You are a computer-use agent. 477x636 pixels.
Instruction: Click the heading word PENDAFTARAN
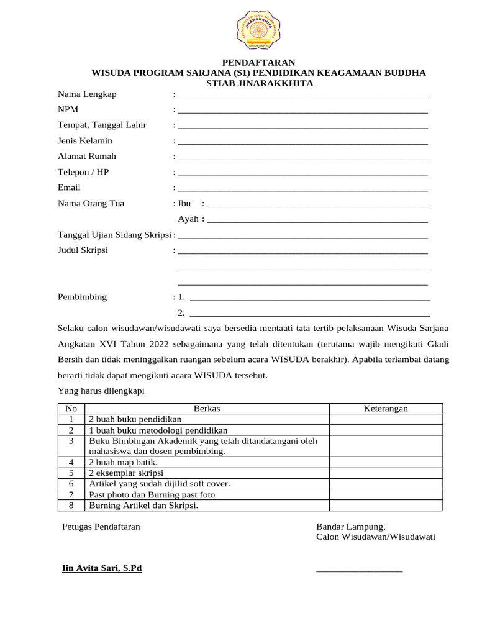pos(259,62)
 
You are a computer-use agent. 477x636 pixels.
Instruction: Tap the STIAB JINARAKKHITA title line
pos(259,83)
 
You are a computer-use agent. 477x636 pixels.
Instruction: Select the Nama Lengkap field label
pos(87,94)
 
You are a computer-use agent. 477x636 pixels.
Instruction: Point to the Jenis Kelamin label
pos(85,141)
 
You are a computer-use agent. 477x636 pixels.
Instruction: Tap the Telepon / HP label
pos(83,172)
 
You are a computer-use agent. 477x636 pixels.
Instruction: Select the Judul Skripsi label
pos(83,250)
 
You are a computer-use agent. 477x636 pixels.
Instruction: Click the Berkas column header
pos(207,409)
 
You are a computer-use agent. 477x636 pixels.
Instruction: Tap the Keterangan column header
pos(385,409)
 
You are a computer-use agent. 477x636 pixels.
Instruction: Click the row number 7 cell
pos(71,494)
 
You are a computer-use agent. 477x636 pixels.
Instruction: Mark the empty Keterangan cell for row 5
pos(385,473)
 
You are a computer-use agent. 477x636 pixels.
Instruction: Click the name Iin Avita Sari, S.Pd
pos(102,568)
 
